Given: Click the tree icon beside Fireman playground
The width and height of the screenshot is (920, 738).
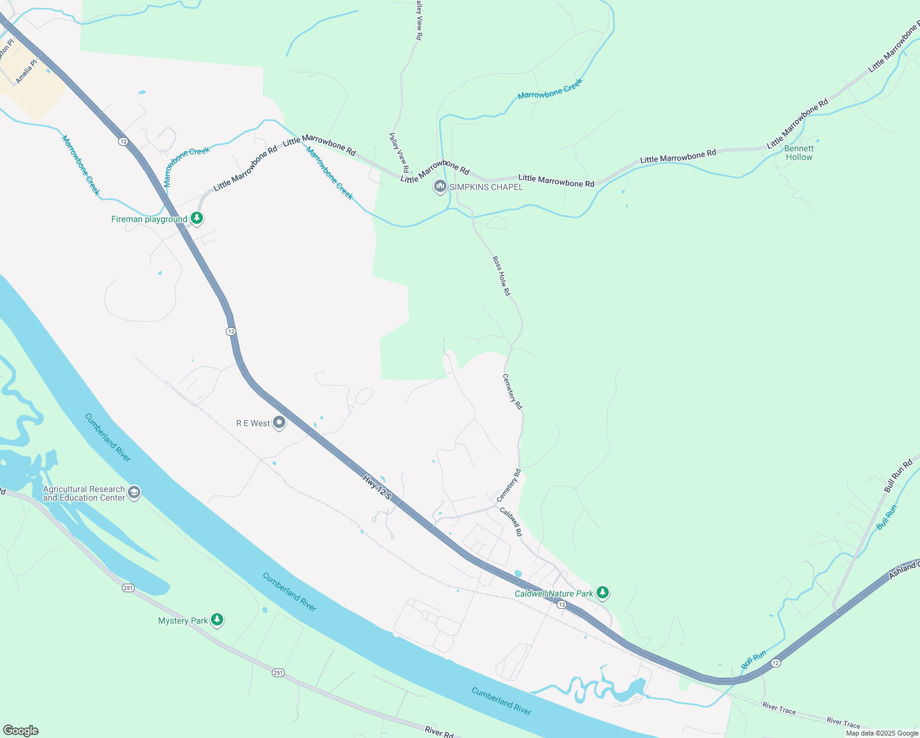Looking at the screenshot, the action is point(197,218).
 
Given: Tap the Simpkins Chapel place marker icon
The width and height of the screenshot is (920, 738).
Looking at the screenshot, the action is point(440,186).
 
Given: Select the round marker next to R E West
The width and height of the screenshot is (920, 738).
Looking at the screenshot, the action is point(279,423).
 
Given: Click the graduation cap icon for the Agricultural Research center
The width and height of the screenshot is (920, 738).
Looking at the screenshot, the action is point(134,493).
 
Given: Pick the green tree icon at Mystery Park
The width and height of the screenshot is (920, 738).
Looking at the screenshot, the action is point(216,620).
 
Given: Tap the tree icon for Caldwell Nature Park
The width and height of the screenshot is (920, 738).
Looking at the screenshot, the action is point(603,593).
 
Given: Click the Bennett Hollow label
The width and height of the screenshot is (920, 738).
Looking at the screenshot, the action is point(799,153).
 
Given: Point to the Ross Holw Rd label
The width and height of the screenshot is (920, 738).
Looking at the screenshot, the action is point(501,276).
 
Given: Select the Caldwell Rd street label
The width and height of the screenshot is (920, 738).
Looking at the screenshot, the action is point(510,522).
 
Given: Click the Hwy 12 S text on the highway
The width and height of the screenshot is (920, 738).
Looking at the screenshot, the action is point(376,486).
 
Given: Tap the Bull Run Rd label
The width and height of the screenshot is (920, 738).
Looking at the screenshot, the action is point(898,476).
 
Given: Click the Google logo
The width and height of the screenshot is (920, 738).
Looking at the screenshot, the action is point(21,731).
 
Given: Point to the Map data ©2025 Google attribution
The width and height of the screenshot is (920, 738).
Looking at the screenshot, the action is point(882,733).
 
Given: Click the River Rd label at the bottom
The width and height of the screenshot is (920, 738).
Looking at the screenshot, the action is point(438,731).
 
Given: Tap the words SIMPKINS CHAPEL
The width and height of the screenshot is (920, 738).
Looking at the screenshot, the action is point(486,187).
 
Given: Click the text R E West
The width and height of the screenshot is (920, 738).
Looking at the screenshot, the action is point(253,423).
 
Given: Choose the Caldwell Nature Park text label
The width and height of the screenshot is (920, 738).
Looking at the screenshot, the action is point(553,593).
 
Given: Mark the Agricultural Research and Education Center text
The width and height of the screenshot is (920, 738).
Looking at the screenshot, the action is point(84,493).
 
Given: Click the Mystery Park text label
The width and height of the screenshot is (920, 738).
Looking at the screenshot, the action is point(183,621).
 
